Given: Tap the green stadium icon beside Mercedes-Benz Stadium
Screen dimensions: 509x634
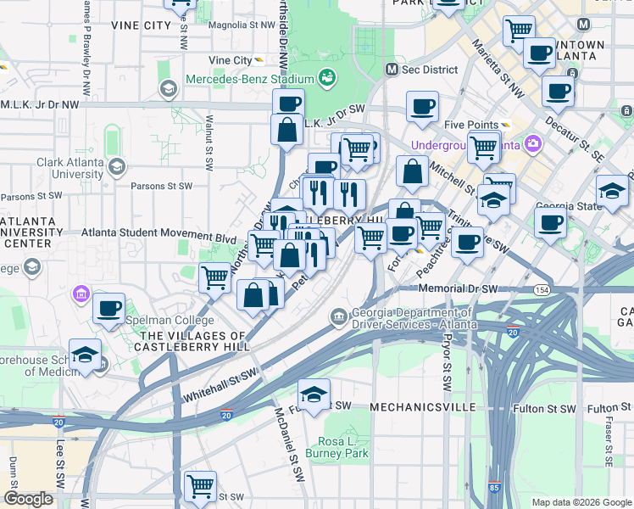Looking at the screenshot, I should click(327, 79).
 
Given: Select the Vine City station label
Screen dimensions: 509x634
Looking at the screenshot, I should click(231, 60).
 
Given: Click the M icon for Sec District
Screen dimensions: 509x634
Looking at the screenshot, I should click(392, 69).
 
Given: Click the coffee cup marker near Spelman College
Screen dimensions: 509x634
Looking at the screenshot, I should click(108, 310).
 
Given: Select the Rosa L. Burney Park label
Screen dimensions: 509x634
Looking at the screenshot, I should click(342, 447).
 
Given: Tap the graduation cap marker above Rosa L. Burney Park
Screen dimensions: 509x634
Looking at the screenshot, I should click(314, 395).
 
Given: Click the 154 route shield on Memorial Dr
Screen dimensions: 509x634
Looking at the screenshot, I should click(540, 290).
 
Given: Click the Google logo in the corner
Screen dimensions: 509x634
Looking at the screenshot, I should click(28, 498).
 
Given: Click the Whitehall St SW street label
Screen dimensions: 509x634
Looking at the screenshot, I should click(219, 386).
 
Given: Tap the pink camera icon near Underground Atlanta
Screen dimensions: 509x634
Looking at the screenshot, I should click(533, 143).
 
